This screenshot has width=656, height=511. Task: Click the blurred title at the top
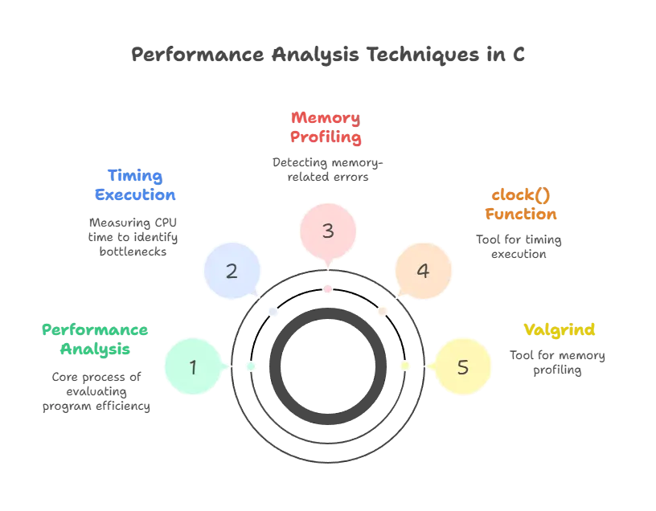tap(328, 56)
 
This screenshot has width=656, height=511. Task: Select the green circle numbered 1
tap(193, 366)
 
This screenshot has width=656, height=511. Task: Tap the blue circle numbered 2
tap(232, 270)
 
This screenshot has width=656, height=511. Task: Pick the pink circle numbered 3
tap(327, 231)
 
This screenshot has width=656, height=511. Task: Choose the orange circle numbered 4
tap(423, 270)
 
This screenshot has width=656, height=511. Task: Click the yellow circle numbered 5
tap(461, 366)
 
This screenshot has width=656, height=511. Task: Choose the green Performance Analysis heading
tap(96, 340)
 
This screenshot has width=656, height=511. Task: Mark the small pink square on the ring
tap(327, 288)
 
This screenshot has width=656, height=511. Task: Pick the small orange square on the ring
tap(382, 310)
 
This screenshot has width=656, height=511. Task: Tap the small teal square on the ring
tap(251, 366)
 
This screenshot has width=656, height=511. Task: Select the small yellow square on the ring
tap(404, 366)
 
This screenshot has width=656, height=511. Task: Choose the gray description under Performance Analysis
tap(96, 391)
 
